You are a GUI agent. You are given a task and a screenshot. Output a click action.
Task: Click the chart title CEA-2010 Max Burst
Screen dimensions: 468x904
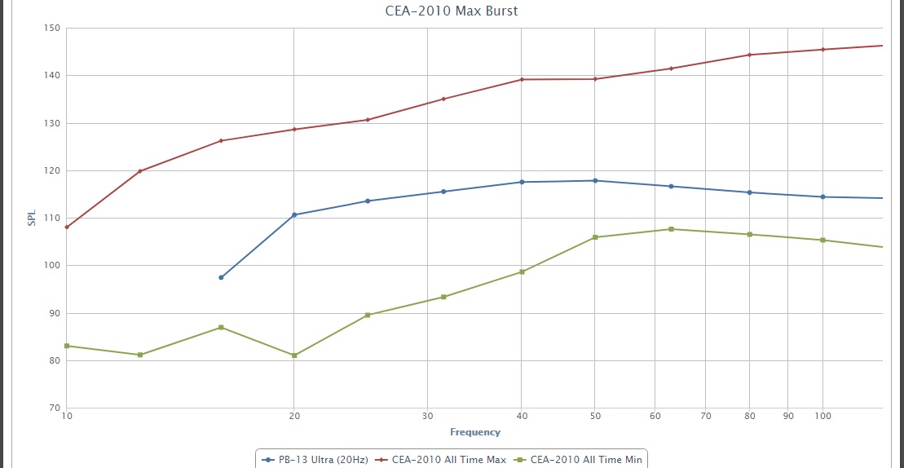coord(451,11)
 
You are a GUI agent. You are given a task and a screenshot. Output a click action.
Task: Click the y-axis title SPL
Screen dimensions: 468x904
coord(32,219)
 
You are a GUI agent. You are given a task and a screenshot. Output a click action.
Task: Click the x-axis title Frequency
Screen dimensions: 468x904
coord(474,432)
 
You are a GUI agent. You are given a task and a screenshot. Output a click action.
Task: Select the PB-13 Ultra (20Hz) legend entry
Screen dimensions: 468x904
coord(315,460)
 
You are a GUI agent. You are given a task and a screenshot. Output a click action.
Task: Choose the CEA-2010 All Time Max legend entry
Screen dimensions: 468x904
coord(443,460)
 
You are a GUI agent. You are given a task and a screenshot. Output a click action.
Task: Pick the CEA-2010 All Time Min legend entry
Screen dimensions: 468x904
coord(580,460)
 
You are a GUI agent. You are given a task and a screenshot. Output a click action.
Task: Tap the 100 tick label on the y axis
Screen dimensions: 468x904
coord(51,266)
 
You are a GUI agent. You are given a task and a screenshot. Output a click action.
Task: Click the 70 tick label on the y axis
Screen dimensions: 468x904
coord(53,408)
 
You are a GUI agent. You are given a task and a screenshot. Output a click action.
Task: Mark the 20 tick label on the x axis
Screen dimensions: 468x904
coord(294,416)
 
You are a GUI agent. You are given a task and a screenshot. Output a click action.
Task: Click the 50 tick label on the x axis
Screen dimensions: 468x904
coord(595,416)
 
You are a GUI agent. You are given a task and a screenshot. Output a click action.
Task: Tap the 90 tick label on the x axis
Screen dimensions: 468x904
coord(787,416)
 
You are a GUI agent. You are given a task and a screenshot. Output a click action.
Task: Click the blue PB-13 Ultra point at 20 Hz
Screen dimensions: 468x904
coord(294,214)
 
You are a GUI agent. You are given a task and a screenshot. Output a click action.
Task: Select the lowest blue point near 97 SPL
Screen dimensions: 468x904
coord(221,277)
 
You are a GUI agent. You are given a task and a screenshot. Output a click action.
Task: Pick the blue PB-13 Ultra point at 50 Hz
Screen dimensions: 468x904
coord(595,180)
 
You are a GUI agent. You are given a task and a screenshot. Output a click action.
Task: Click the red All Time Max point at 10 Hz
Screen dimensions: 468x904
coord(67,227)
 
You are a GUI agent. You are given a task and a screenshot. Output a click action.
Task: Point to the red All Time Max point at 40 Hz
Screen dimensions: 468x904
coord(522,79)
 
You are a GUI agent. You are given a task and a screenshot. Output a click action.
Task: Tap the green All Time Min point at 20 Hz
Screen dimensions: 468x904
coord(294,355)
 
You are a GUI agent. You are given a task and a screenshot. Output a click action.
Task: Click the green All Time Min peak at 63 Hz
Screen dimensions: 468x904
coord(671,229)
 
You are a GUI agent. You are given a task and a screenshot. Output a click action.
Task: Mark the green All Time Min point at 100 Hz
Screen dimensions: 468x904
coord(822,240)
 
